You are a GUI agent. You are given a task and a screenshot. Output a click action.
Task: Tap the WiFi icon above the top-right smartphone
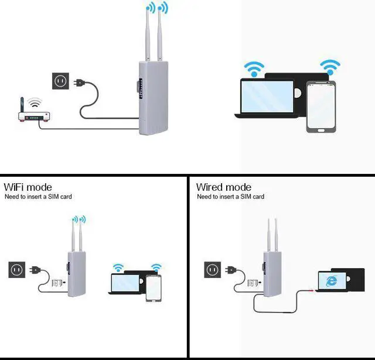(x=330, y=66)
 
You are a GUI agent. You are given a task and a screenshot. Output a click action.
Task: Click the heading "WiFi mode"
(x=28, y=187)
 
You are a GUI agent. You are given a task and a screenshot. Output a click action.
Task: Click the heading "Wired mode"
(x=224, y=187)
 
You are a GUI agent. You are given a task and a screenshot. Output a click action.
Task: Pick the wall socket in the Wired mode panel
(x=212, y=269)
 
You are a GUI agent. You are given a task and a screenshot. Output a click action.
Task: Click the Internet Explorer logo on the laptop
(x=332, y=280)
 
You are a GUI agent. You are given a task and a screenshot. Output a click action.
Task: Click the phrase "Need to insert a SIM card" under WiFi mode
(x=38, y=197)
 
